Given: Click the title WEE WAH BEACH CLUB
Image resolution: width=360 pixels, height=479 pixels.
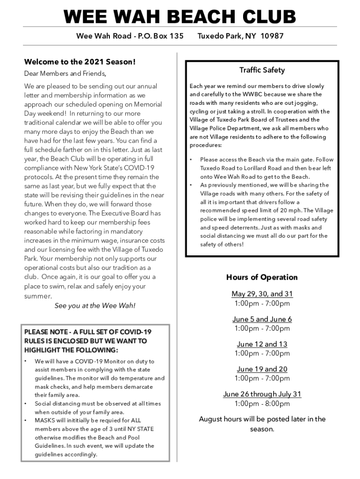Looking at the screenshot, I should point(180,17).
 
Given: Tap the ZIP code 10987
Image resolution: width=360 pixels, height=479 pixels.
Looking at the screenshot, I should point(272,36).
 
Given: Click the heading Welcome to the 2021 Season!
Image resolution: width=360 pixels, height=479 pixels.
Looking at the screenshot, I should point(79,62).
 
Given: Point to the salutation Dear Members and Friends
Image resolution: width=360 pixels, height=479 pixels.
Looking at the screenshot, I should point(65,73).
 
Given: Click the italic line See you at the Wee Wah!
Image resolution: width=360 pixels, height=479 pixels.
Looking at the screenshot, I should point(95,305).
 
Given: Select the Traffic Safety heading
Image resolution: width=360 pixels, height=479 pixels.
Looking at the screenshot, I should point(262,70).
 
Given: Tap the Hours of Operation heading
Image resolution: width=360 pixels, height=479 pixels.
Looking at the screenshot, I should point(262,277).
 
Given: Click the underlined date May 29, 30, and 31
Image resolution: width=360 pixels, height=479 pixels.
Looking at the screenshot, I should point(262,294).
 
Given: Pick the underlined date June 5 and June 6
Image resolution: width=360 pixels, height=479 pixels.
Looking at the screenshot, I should point(262,319).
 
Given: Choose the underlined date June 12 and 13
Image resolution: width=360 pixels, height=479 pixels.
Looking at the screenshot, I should point(262,344).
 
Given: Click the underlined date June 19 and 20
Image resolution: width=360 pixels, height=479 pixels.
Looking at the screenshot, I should point(262,369).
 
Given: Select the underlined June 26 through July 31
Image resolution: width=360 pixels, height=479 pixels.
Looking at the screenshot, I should point(262,394).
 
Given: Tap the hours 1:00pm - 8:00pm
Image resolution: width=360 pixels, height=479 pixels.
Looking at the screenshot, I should point(262,404).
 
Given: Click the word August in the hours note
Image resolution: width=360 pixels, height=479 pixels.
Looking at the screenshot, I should point(210,419).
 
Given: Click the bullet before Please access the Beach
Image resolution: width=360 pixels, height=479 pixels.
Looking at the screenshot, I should point(191,160).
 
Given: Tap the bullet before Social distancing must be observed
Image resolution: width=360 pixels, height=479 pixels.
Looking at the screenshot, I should point(26,404).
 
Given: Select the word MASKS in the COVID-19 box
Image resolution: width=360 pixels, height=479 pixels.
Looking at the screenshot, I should point(44,421).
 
